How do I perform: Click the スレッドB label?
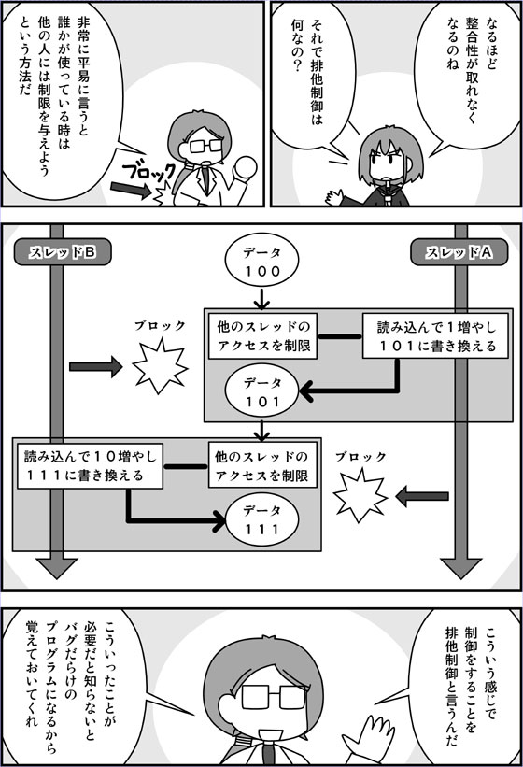[x=63, y=252]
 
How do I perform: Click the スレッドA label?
[x=459, y=252]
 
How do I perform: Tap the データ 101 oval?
[x=262, y=392]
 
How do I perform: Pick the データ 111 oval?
[x=262, y=520]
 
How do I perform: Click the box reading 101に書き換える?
[x=435, y=336]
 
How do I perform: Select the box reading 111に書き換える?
[x=90, y=465]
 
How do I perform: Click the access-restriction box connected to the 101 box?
[x=263, y=336]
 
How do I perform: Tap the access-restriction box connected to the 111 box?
[x=262, y=465]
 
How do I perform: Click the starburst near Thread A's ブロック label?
[x=360, y=495]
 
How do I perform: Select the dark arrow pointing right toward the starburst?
[x=96, y=367]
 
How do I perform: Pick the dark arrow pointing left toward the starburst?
[x=421, y=496]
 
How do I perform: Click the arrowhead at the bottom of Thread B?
[x=57, y=568]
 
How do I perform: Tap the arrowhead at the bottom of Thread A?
[x=461, y=568]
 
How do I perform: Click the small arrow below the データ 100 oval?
[x=262, y=299]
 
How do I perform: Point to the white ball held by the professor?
[x=246, y=169]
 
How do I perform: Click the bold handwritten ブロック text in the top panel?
[x=148, y=172]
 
